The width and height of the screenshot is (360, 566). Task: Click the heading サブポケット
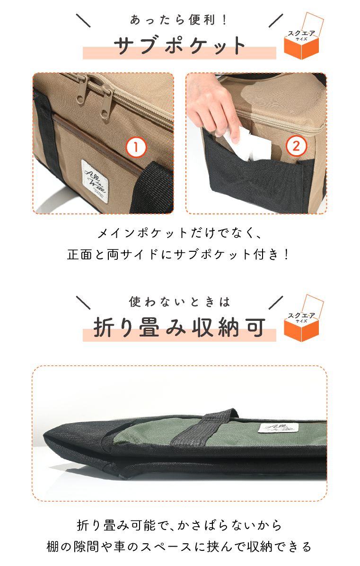pos(179,46)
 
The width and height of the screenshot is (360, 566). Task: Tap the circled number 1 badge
pos(136,148)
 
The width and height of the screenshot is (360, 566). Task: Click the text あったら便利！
pos(179,20)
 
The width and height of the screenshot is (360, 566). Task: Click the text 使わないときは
pos(179,301)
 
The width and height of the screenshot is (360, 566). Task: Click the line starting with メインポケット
pos(179,233)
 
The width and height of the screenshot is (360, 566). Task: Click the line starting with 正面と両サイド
pos(179,255)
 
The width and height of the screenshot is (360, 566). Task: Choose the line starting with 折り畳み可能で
pos(179,525)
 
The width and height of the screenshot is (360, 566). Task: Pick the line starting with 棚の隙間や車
pos(179,547)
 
